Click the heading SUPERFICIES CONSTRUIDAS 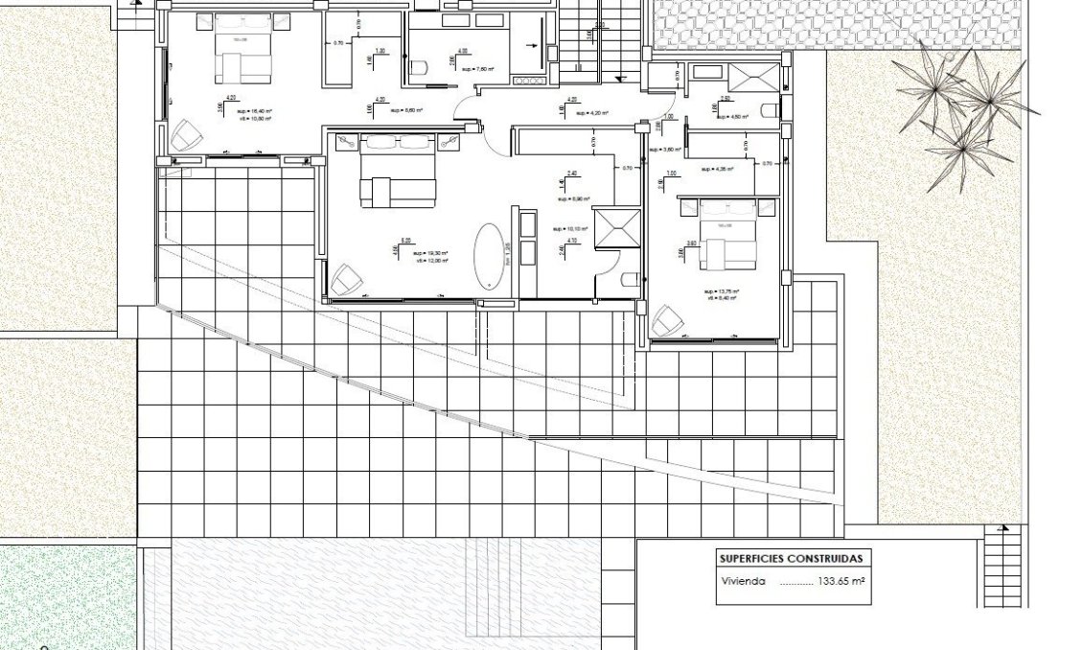tap(791, 558)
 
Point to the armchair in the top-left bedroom tap(183, 135)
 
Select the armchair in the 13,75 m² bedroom tap(667, 321)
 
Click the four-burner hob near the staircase tap(528, 81)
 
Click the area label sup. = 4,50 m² tap(733, 117)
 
